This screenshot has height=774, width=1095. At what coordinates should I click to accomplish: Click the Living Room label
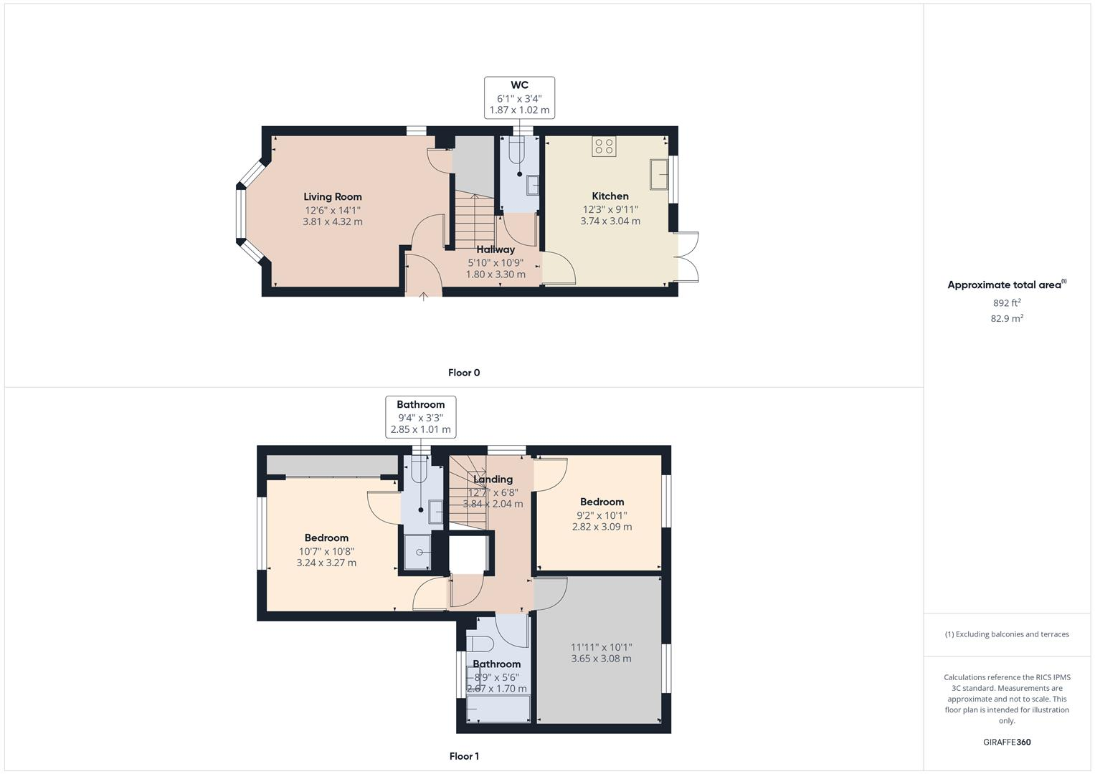[x=333, y=197]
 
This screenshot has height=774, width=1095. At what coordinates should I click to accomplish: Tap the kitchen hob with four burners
[x=604, y=146]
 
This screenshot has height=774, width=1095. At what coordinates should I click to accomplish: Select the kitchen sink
[x=660, y=174]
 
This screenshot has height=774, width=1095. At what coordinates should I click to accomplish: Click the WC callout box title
[x=519, y=85]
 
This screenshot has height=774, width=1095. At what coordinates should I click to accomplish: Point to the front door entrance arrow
[x=424, y=295]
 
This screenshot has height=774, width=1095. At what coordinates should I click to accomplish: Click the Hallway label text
[x=496, y=249]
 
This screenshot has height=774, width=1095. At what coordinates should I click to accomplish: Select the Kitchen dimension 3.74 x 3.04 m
[x=610, y=221]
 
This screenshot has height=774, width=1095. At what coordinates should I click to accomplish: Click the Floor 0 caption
[x=464, y=373]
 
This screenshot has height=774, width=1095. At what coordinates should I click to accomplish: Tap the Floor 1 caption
[x=464, y=756]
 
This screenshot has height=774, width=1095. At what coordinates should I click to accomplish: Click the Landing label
[x=493, y=479]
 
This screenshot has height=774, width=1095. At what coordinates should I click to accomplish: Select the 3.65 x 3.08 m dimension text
[x=601, y=659]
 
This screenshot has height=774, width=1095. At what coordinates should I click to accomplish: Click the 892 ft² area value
[x=1007, y=303]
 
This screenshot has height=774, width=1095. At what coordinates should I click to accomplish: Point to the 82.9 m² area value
[x=1007, y=318]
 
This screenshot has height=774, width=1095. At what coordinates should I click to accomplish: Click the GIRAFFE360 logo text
[x=1007, y=742]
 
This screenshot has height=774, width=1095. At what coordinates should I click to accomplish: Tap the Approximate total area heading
[x=1005, y=285]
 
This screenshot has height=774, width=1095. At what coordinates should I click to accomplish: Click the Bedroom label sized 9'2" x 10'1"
[x=602, y=502]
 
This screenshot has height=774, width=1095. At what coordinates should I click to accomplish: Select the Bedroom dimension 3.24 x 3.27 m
[x=326, y=563]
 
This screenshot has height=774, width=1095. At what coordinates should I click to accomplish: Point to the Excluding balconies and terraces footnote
[x=1007, y=634]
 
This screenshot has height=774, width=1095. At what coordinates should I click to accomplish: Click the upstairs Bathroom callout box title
[x=420, y=405]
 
